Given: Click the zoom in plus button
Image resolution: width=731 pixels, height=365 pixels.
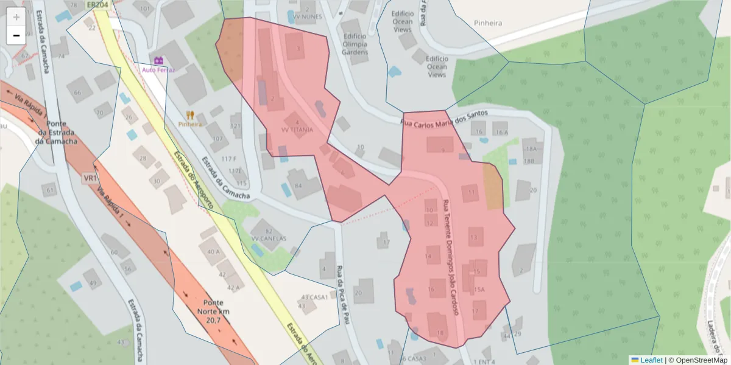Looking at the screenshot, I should tap(16, 17).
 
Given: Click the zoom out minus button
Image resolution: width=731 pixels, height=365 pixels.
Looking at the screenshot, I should tap(16, 35).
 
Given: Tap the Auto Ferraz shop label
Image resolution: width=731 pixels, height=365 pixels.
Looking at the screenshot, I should tap(158, 69).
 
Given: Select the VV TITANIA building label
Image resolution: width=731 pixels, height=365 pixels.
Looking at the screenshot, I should tap(297, 130).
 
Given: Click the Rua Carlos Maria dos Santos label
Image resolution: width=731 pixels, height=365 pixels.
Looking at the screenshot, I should tap(444, 118).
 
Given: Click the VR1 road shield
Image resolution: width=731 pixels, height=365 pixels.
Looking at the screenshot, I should tap(91, 178).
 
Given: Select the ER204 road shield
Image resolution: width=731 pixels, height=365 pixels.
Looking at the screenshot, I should tap(97, 5).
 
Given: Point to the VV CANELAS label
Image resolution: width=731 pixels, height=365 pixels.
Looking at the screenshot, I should tap(269, 238).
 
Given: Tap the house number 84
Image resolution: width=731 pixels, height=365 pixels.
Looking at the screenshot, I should tap(298, 186).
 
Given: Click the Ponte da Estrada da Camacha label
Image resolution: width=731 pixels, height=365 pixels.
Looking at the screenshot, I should tap(56, 133).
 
